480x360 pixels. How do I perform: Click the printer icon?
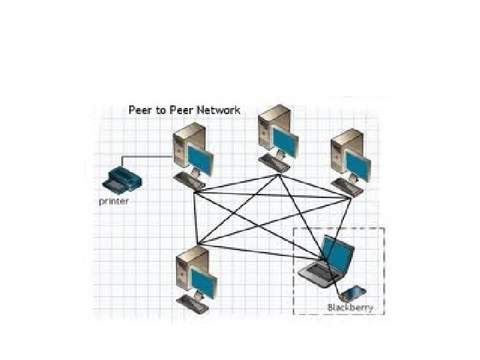(x=120, y=177)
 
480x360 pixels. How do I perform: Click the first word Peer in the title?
(x=141, y=110)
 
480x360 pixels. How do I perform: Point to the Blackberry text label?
(x=350, y=307)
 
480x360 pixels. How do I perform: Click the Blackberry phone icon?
(x=351, y=293)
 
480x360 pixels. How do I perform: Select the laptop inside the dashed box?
(x=327, y=263)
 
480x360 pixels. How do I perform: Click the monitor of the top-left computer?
(x=200, y=158)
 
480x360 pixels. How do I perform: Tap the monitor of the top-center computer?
(x=285, y=141)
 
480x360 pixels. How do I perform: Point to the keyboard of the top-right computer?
(x=349, y=187)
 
